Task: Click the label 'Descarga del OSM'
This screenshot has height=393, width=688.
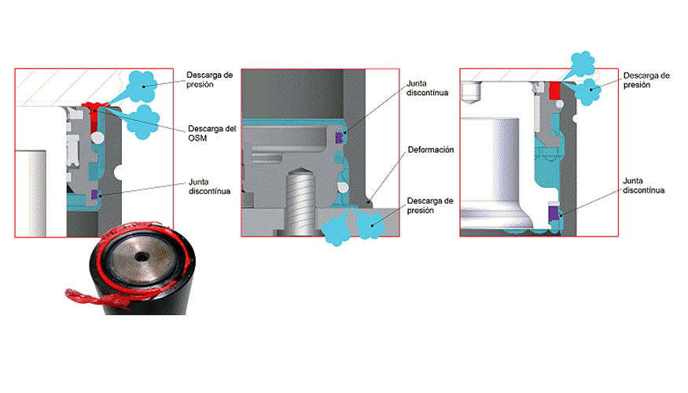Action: [x=212, y=134]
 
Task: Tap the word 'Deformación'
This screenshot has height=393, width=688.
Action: [x=431, y=150]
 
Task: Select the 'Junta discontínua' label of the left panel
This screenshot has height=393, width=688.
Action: [x=209, y=186]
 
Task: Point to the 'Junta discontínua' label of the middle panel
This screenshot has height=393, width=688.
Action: [x=427, y=88]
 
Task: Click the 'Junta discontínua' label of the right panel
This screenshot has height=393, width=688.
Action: [x=644, y=185]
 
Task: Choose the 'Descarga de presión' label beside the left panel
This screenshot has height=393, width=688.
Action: [x=209, y=80]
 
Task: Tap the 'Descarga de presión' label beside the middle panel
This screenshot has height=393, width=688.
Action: [x=430, y=206]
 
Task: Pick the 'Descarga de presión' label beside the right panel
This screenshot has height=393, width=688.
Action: [x=646, y=80]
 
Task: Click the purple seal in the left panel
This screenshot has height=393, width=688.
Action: [x=94, y=194]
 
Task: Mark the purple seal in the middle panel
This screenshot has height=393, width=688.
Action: [x=339, y=138]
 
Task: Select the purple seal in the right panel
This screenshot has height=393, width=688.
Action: [x=554, y=214]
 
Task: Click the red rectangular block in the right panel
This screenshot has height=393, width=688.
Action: [x=554, y=90]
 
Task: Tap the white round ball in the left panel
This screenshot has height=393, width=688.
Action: [x=97, y=138]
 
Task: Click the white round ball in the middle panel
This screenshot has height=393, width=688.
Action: [x=343, y=188]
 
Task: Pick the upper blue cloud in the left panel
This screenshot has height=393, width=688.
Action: [x=142, y=86]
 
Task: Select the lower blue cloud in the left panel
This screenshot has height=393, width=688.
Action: [x=143, y=122]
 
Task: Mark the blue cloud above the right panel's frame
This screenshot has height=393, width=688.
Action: [x=583, y=64]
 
